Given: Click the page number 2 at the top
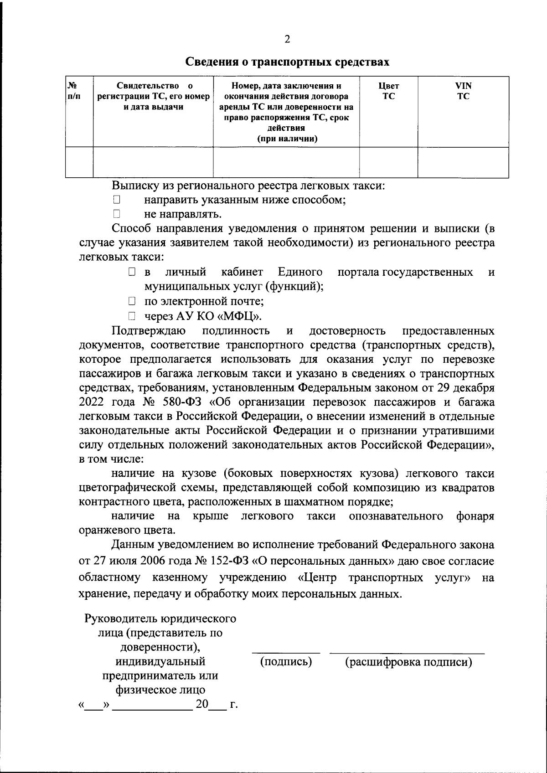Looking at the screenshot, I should click(287, 39).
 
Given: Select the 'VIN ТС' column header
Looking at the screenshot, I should click(463, 91).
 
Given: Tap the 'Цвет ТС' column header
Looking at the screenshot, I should click(388, 91).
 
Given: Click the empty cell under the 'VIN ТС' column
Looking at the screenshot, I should click(463, 162).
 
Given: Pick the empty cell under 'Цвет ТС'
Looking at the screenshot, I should click(388, 162).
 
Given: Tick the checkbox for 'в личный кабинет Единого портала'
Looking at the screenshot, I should click(132, 273).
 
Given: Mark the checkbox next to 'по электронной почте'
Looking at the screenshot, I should click(132, 301).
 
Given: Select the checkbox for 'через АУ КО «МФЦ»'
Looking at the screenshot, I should click(132, 316).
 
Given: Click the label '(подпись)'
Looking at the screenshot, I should click(286, 661).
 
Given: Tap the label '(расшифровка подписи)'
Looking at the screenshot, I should click(408, 661).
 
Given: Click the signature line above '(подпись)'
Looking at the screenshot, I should click(286, 653).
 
